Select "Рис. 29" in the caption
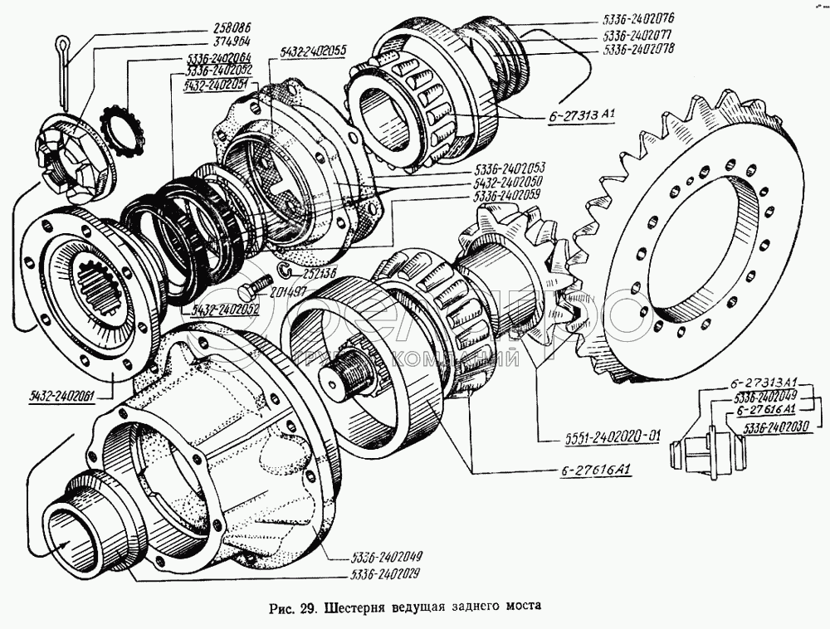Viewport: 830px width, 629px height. tap(290, 606)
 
